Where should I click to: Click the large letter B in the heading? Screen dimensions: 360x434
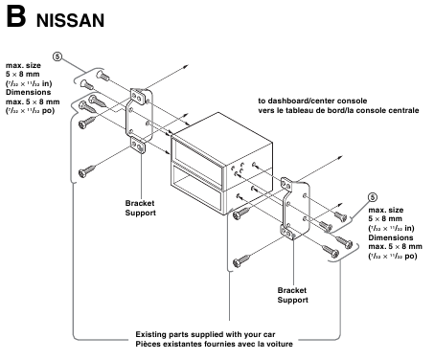point(15,16)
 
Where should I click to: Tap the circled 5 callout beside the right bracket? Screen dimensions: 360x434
point(358,201)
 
